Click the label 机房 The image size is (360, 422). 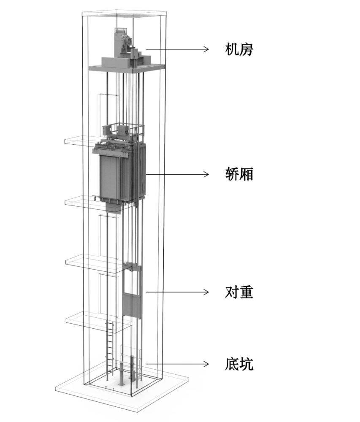coord(239,49)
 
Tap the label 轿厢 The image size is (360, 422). coord(239,174)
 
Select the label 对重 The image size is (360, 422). coord(239,292)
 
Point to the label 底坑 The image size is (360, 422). coord(239,363)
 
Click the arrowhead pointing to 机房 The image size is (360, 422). coord(206,49)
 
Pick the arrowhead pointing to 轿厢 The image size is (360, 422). coord(206,174)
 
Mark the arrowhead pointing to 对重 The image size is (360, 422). coord(206,292)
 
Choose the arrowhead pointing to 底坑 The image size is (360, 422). coord(206,363)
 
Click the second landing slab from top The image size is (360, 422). coord(80,201)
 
